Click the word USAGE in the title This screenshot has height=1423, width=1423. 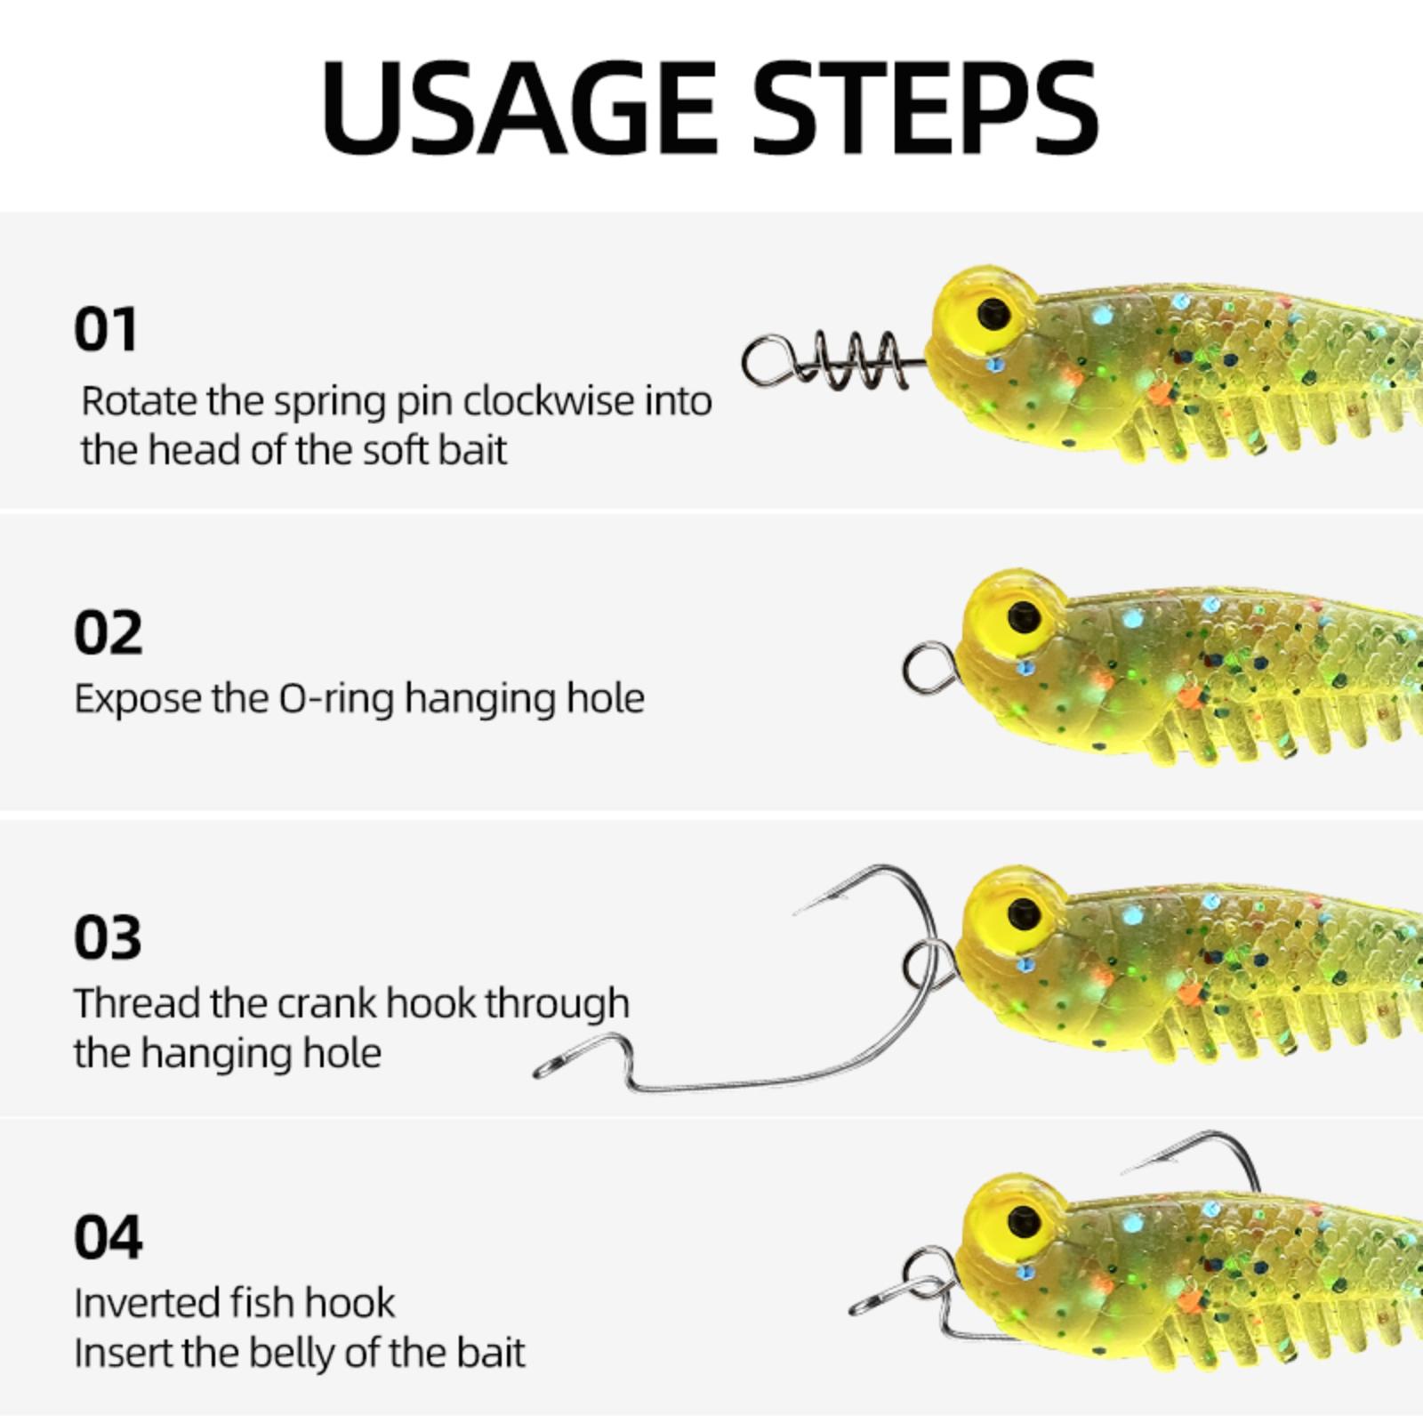[519, 107]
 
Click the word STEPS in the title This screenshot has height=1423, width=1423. [926, 107]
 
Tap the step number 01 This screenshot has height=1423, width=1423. [106, 330]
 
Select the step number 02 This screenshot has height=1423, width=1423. [108, 633]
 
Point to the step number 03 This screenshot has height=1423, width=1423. [108, 937]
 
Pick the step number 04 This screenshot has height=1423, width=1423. [108, 1237]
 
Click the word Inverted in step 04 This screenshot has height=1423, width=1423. [148, 1303]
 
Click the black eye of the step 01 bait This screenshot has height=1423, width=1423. [993, 313]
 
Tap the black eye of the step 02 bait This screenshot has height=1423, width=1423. [1025, 615]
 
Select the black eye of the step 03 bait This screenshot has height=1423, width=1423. [1025, 913]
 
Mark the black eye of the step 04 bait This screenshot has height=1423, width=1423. [1025, 1216]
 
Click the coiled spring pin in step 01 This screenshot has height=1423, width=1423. [827, 360]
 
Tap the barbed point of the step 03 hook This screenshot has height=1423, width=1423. [798, 911]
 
